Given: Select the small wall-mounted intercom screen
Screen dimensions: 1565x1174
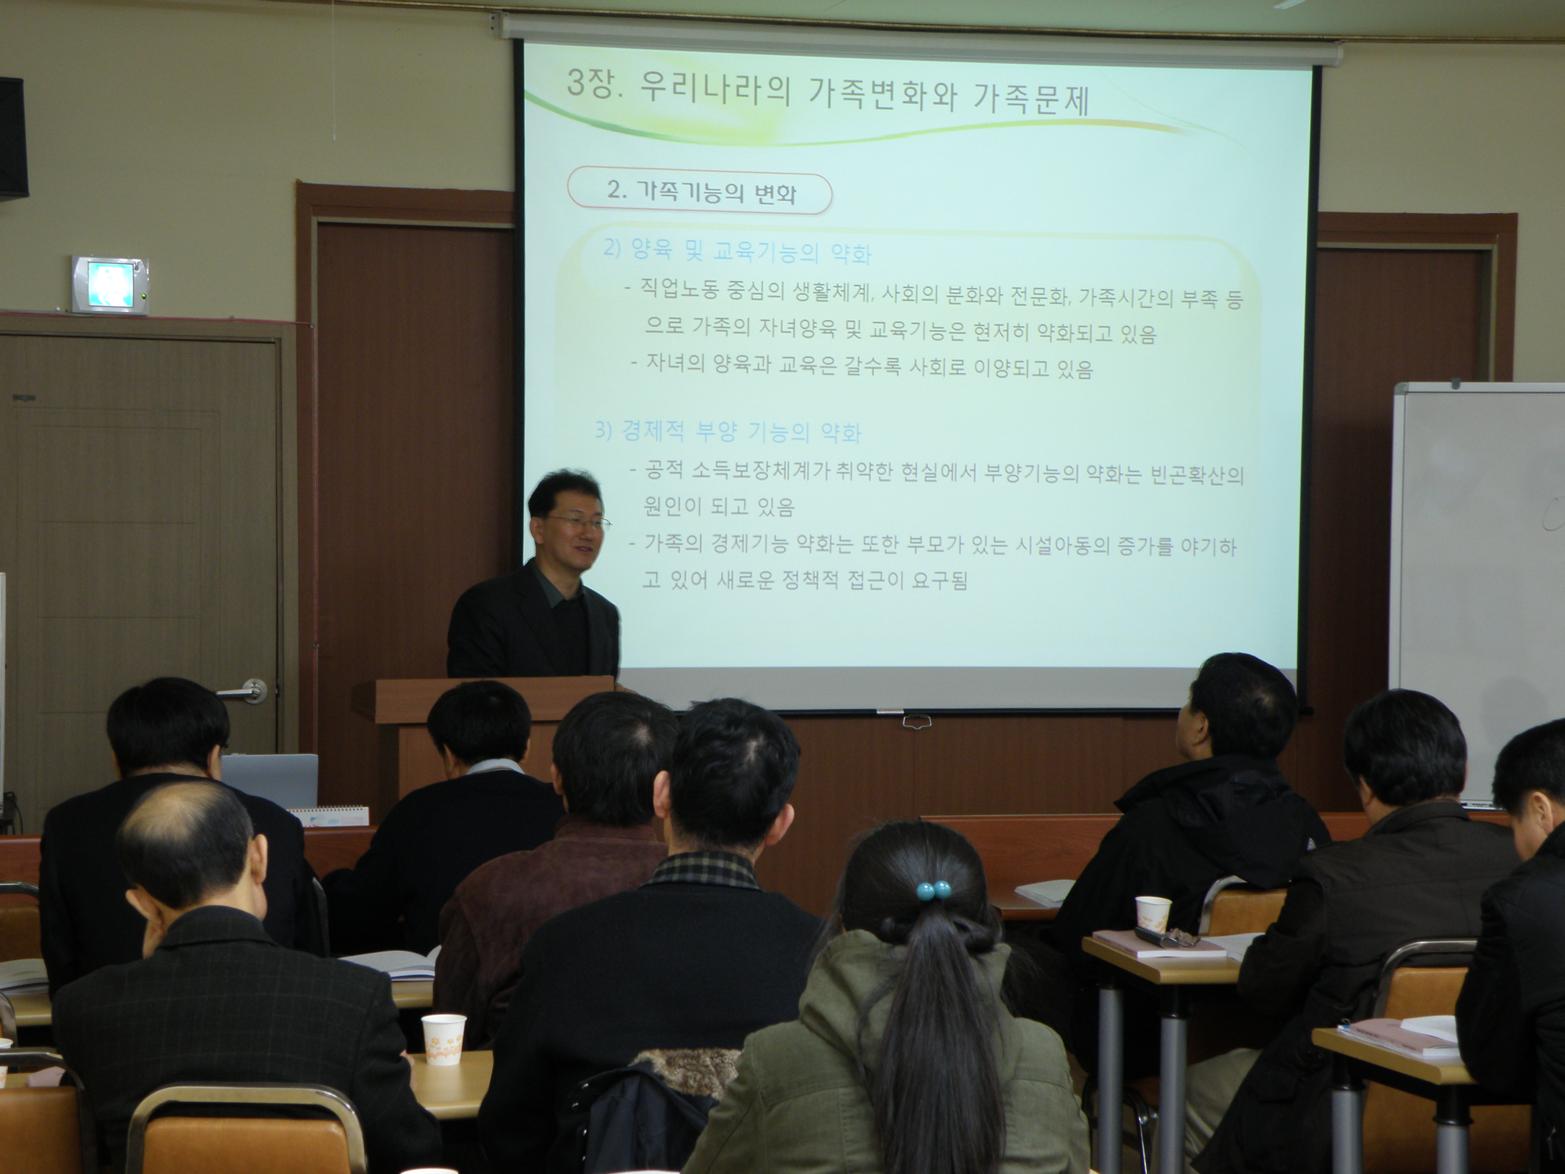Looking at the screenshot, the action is [x=110, y=284].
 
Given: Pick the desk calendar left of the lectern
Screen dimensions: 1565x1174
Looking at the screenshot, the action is [x=332, y=815].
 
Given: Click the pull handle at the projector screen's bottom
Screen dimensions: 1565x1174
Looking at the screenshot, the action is [x=915, y=722].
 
